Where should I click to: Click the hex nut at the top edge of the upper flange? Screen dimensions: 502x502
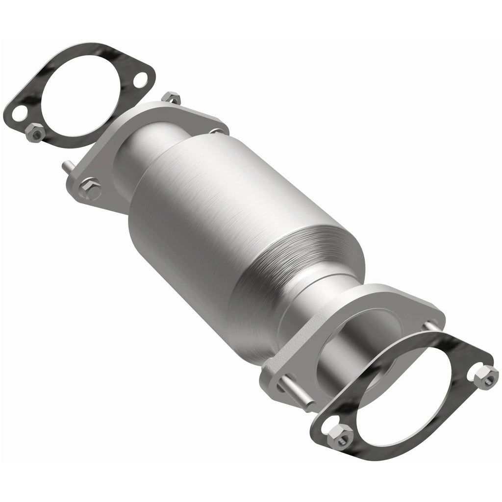coord(171,98)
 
